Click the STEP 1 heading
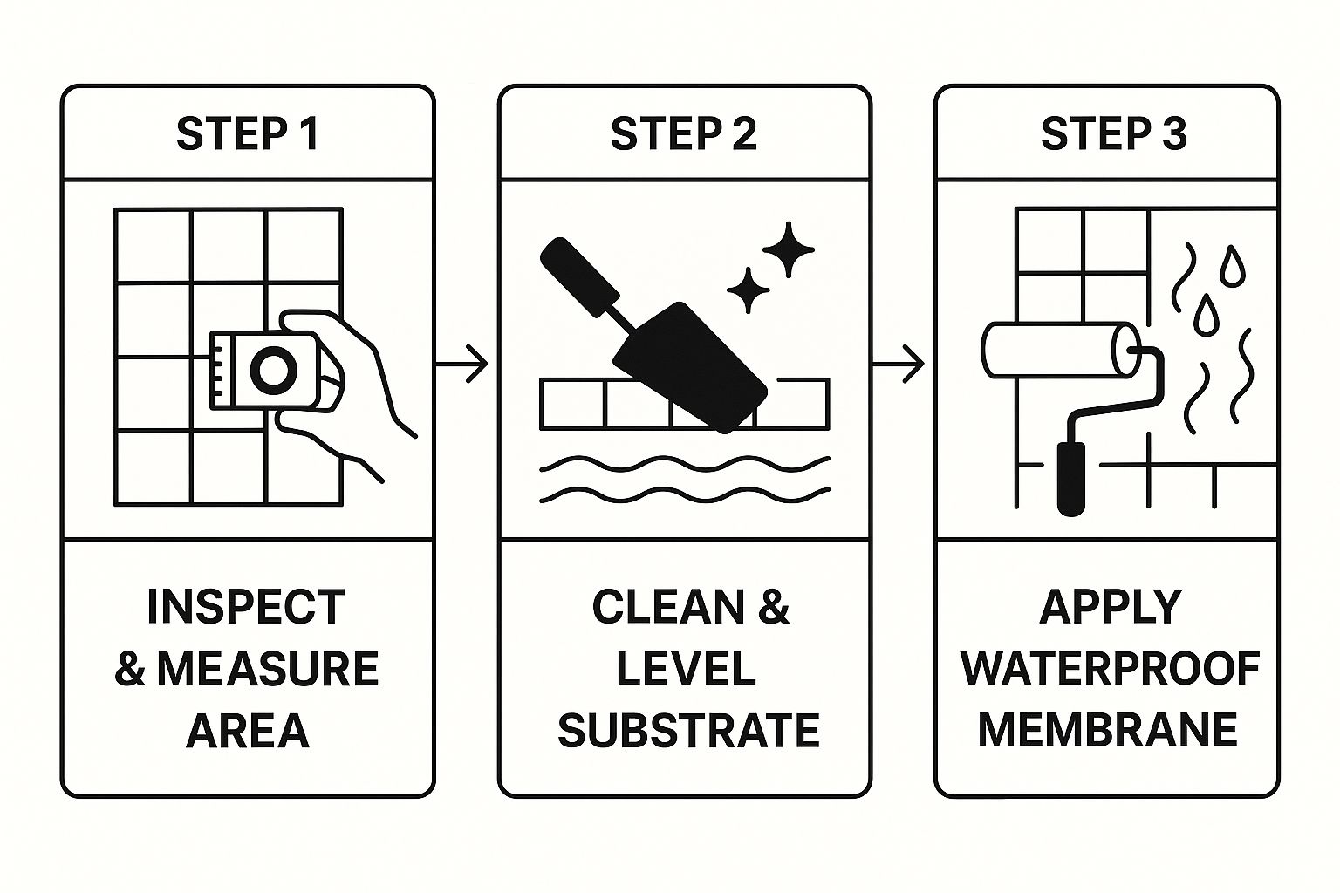click(248, 134)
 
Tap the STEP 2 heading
click(683, 134)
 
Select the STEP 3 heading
click(1113, 134)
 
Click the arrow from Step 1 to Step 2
click(462, 364)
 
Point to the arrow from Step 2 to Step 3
click(899, 364)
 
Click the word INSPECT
click(246, 607)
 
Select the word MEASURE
click(267, 669)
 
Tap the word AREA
click(248, 731)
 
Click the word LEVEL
click(686, 669)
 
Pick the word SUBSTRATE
click(688, 731)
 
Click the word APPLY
click(1110, 607)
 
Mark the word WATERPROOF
click(1110, 669)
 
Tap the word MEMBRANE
click(1107, 731)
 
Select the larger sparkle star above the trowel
click(788, 249)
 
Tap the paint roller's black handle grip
click(1071, 478)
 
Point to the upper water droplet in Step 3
click(1232, 267)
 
